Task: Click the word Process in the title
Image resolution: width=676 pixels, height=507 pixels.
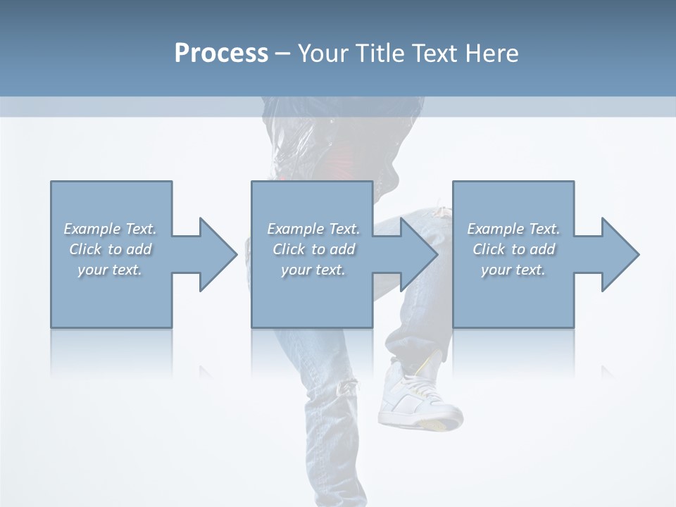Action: [221, 54]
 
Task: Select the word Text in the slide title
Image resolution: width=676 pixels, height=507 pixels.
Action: [437, 54]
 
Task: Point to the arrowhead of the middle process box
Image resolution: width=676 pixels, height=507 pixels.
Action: [418, 254]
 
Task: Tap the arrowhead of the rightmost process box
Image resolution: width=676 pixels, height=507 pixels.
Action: [620, 254]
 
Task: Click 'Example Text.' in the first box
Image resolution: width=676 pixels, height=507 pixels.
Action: [110, 229]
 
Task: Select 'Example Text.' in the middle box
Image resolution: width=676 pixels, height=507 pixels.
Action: [313, 229]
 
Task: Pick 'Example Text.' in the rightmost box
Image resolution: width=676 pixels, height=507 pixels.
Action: [513, 229]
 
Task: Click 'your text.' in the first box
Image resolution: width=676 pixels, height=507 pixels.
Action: [110, 270]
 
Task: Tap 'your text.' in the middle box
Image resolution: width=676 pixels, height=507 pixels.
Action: [313, 270]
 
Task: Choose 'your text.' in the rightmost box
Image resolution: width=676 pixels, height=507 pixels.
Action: [513, 270]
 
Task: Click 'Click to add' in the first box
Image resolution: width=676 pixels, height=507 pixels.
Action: [110, 249]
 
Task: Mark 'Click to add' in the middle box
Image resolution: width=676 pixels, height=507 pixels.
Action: [313, 249]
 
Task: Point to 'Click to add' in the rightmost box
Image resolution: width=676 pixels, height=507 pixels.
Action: [513, 249]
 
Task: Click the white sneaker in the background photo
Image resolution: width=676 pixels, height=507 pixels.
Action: [412, 398]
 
